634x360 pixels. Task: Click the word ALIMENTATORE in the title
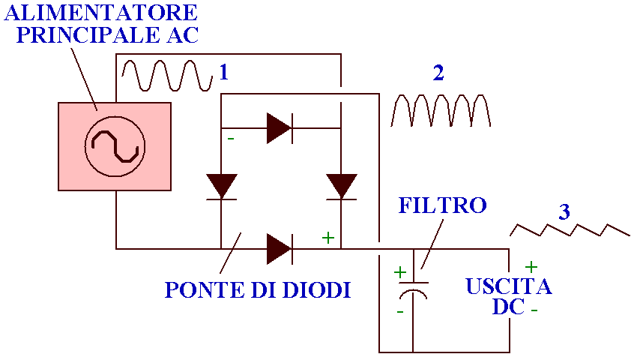point(102,13)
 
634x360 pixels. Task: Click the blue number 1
point(223,73)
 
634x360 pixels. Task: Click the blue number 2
point(438,73)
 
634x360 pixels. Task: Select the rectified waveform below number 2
point(441,110)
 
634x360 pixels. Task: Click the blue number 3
point(564,212)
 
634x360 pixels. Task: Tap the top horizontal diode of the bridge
point(280,128)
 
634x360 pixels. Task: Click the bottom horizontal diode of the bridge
point(280,248)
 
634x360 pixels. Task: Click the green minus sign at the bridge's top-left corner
point(231,139)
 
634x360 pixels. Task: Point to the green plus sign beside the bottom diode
point(327,238)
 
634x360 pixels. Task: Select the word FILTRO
point(443,205)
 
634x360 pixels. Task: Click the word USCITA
point(509,287)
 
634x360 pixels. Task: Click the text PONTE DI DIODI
point(257,290)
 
